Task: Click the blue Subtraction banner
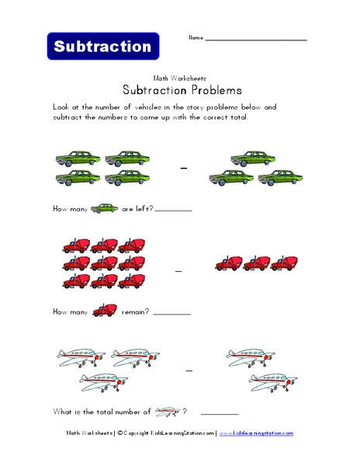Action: click(x=103, y=46)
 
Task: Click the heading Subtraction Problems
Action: click(x=179, y=89)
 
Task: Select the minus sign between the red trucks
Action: click(x=179, y=270)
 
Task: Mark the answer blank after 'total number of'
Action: click(x=220, y=414)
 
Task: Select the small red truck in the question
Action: click(x=105, y=311)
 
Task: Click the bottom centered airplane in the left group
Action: click(x=106, y=381)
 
